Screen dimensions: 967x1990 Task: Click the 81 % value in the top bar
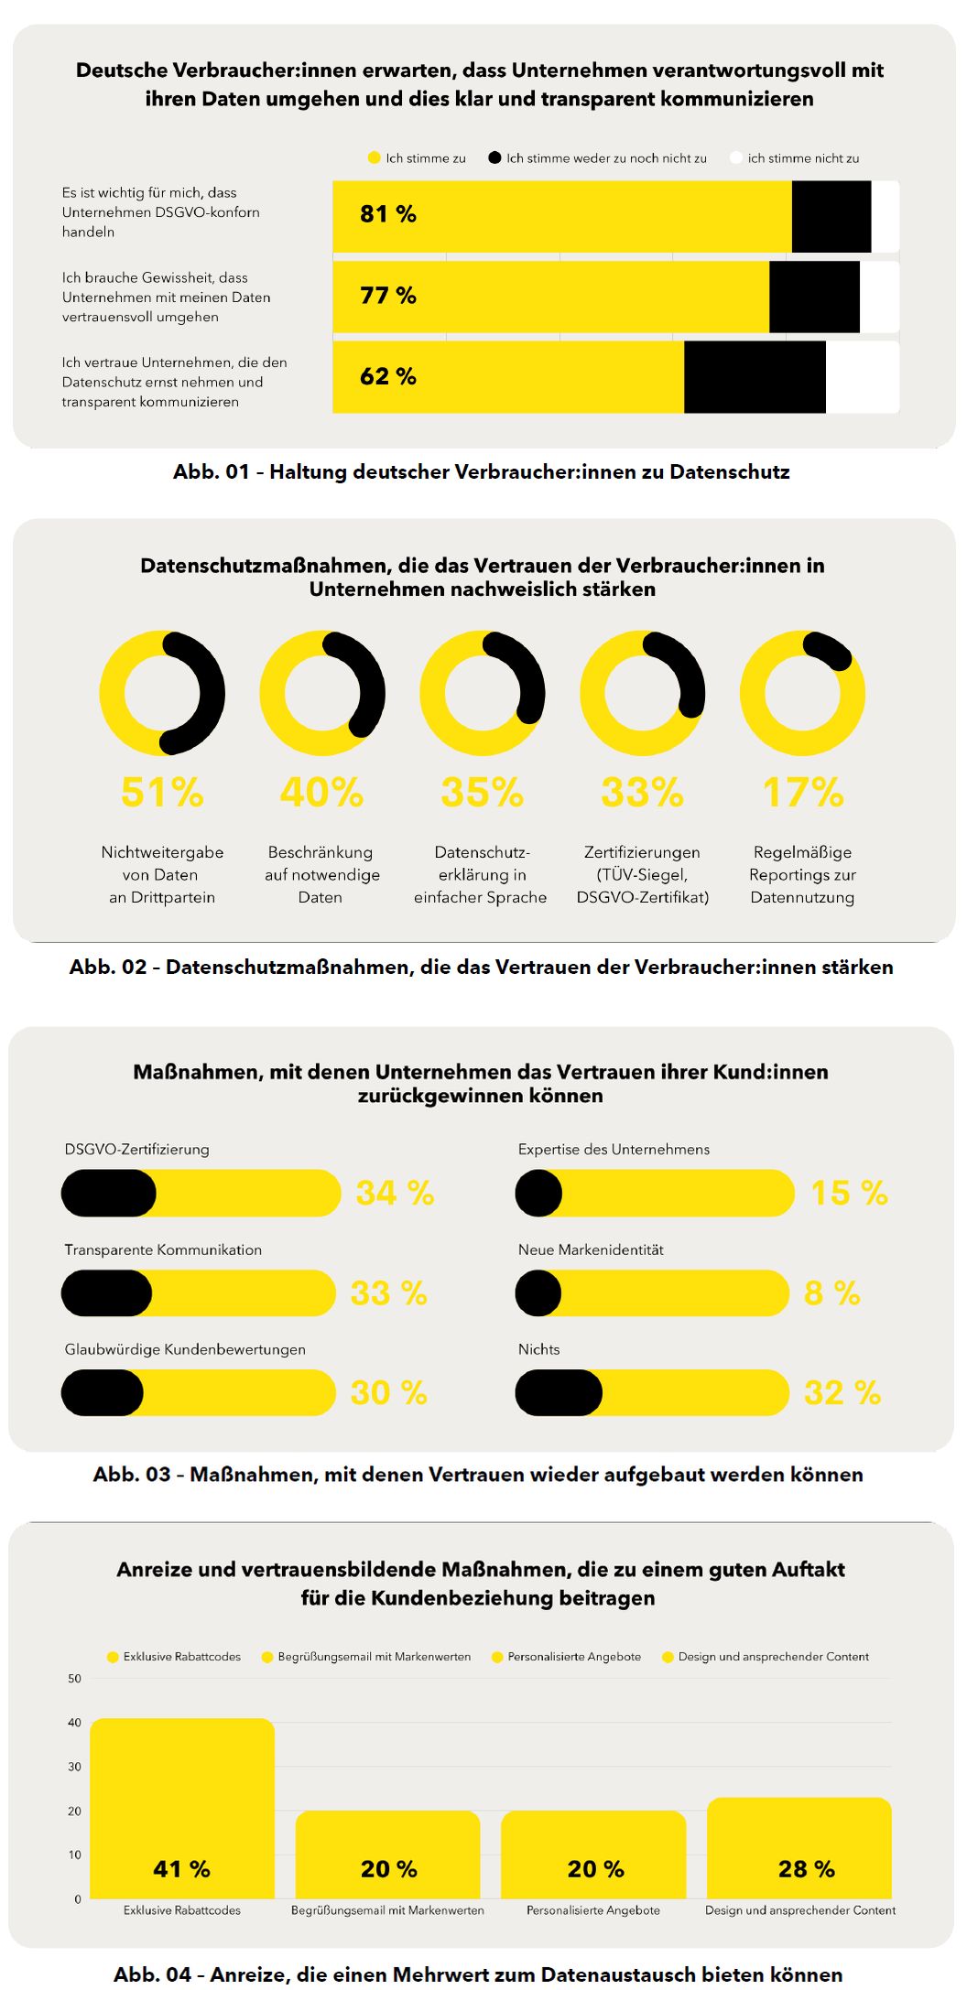388,214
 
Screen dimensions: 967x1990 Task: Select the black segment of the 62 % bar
755,377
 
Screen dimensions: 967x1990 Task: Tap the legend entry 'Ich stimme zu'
417,158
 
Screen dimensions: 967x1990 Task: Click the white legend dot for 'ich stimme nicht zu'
735,157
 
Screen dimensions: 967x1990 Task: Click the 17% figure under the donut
803,793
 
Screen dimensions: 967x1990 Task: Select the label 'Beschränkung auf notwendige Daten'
321,875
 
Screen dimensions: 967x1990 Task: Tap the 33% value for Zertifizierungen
642,793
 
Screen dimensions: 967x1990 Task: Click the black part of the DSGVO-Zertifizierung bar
109,1193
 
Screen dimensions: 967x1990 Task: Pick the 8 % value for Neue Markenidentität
832,1292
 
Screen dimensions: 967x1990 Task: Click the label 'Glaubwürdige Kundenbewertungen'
185,1349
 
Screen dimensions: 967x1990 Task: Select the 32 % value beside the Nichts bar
842,1392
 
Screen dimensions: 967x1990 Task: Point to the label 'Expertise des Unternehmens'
614,1150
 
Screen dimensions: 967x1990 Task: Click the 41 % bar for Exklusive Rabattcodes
182,1808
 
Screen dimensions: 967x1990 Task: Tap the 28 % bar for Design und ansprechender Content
799,1847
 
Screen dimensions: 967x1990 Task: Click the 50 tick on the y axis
74,1679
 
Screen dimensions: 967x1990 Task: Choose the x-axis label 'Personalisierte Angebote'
593,1910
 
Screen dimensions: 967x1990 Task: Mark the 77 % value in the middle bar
388,296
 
